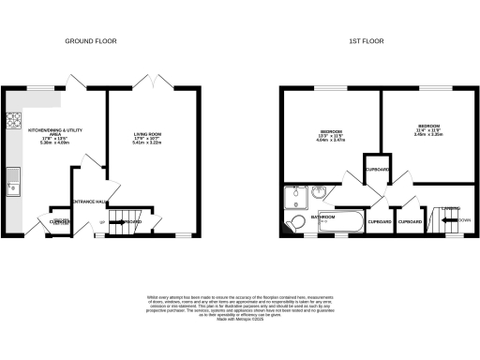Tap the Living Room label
coord(148,135)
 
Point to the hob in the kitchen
coord(14,120)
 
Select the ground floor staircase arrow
coord(118,222)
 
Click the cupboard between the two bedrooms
coord(376,169)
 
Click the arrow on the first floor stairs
coord(444,222)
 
